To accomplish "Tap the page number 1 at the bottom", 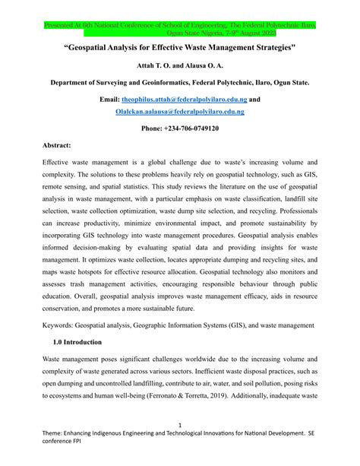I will [x=180, y=426].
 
